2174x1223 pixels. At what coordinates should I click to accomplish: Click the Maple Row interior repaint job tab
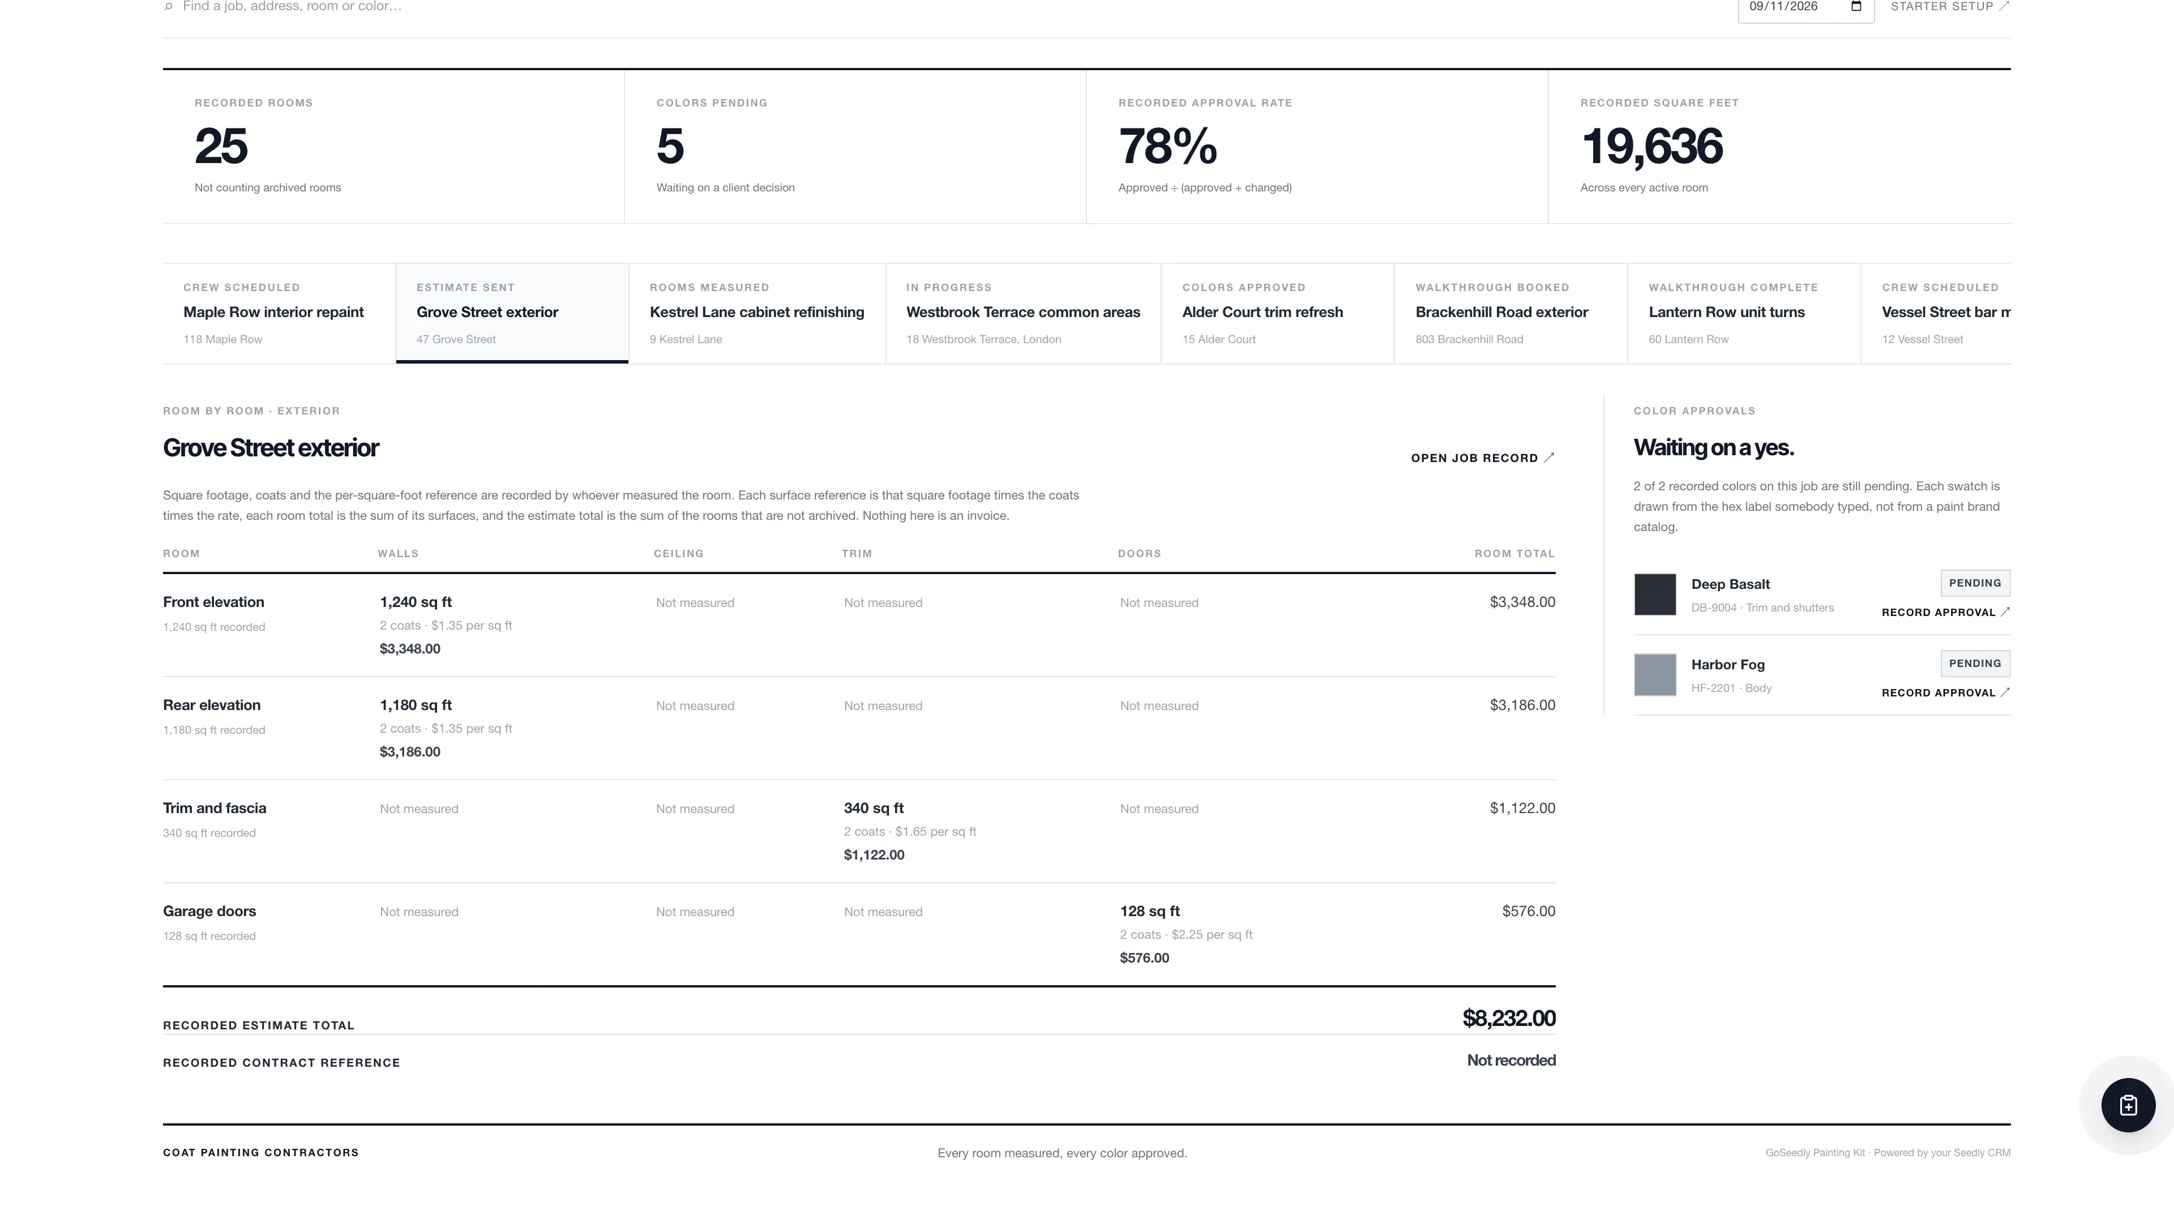point(279,313)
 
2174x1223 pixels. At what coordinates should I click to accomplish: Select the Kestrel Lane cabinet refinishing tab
point(757,313)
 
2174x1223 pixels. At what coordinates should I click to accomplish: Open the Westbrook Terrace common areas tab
point(1023,313)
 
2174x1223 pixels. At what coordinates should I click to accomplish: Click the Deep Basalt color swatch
point(1655,594)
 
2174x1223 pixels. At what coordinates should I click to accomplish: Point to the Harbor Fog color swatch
point(1655,674)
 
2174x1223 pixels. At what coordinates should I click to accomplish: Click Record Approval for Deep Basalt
point(1945,613)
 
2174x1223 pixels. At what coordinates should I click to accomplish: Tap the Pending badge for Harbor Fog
point(1975,664)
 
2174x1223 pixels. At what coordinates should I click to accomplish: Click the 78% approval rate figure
point(1167,146)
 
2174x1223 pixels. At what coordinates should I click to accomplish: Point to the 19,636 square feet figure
point(1651,146)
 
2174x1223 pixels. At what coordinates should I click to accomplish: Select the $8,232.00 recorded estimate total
point(1508,1019)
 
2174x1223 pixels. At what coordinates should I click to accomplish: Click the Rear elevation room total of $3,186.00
point(1522,705)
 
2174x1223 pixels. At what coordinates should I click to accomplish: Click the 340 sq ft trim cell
point(874,809)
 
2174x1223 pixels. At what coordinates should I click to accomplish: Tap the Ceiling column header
point(679,554)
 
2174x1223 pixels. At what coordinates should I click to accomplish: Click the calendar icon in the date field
point(1856,7)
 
